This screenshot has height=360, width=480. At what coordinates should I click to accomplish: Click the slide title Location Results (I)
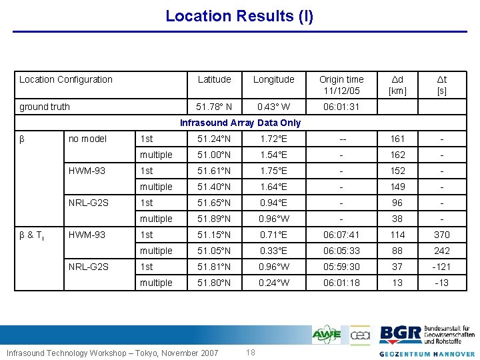239,15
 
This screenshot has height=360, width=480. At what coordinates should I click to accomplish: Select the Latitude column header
214,79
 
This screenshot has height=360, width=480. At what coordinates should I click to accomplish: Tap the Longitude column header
273,79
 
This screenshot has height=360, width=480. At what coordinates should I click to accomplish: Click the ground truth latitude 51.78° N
214,107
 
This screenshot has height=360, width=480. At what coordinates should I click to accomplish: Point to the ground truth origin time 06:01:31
341,107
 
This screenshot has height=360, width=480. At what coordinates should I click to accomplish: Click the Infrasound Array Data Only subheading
241,123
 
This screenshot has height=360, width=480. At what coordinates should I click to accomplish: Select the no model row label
87,139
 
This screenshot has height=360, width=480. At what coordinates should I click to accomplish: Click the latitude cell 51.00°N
214,155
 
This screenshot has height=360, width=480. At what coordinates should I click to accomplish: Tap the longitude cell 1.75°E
273,171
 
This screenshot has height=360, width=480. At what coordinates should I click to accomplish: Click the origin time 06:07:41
341,235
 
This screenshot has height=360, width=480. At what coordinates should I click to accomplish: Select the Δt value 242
441,251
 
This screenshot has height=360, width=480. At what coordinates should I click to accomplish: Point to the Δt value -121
441,267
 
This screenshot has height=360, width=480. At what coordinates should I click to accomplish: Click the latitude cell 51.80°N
214,283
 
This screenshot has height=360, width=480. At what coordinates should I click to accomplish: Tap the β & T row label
32,235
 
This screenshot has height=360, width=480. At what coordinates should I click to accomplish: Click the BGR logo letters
400,334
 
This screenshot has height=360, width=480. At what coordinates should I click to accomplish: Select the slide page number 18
251,352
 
